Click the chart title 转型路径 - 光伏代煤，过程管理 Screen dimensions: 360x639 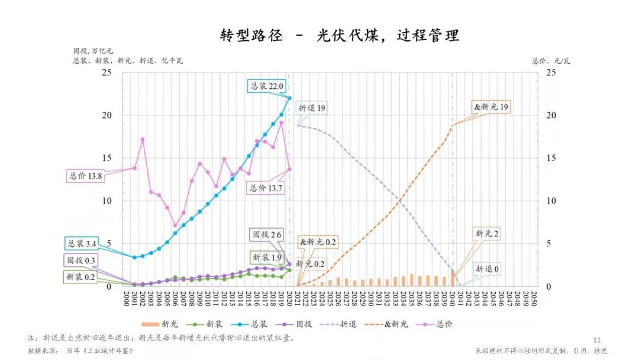click(x=339, y=36)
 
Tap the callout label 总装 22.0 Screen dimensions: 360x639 click(x=266, y=86)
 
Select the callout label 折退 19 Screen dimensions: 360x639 click(x=312, y=108)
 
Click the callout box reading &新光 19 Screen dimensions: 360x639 click(x=490, y=108)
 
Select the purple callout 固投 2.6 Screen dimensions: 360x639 click(x=266, y=234)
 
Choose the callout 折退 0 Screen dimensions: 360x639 click(x=487, y=269)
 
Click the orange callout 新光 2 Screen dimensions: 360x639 click(x=486, y=234)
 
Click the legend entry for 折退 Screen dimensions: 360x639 click(x=343, y=324)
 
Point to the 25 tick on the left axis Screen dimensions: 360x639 click(x=107, y=72)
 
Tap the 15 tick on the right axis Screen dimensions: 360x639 click(x=550, y=158)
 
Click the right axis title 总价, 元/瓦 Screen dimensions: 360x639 click(x=551, y=61)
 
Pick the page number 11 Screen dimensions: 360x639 click(x=596, y=340)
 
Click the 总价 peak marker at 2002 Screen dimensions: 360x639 click(x=143, y=140)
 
